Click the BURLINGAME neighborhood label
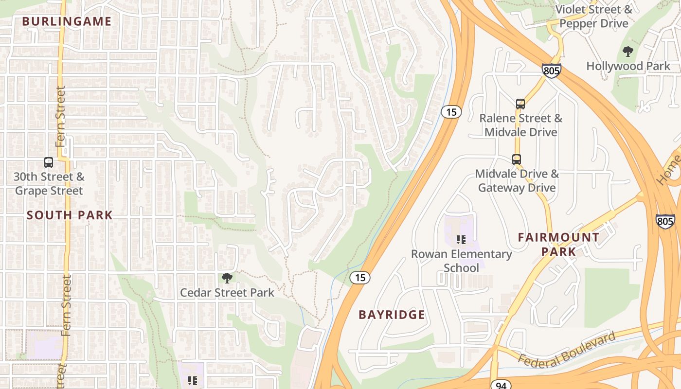[67, 21]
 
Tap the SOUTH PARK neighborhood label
[70, 215]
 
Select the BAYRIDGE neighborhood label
[392, 315]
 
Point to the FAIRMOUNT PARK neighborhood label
[558, 244]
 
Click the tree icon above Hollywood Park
[628, 51]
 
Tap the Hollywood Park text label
[628, 66]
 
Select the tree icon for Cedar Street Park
[227, 278]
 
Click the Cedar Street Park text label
[227, 293]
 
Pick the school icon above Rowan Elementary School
[461, 239]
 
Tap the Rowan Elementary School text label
[461, 261]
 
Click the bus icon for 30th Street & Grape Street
[49, 162]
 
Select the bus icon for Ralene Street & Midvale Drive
[520, 104]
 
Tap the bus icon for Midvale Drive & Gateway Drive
[517, 159]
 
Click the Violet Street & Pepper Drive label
[593, 16]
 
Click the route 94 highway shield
[501, 385]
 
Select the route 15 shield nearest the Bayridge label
[360, 278]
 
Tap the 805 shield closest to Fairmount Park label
[665, 220]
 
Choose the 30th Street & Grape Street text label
[49, 184]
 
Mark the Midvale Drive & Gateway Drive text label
[517, 180]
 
